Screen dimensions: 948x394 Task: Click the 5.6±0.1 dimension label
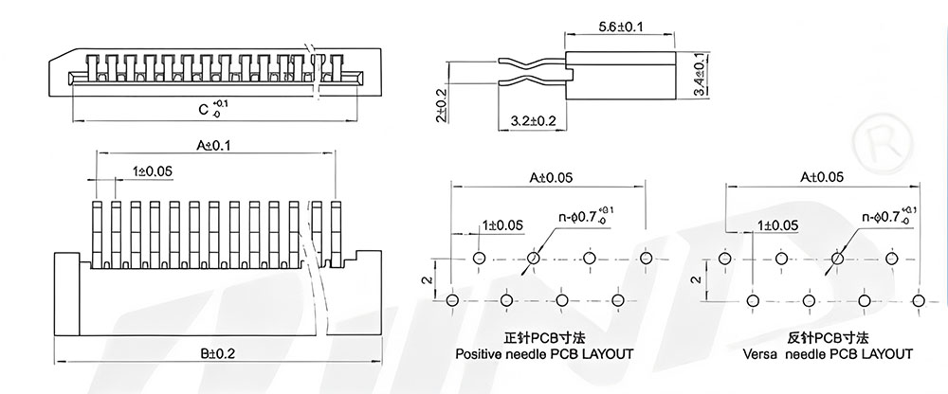(x=620, y=27)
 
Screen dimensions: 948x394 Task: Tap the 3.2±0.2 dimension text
(x=533, y=121)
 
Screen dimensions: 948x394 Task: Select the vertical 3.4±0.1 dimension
(x=701, y=75)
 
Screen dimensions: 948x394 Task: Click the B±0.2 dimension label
(x=218, y=354)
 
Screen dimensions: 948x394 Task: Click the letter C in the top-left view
(x=204, y=109)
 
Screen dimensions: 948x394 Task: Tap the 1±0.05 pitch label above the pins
(x=153, y=171)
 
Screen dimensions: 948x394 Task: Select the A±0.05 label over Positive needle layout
(x=552, y=178)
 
